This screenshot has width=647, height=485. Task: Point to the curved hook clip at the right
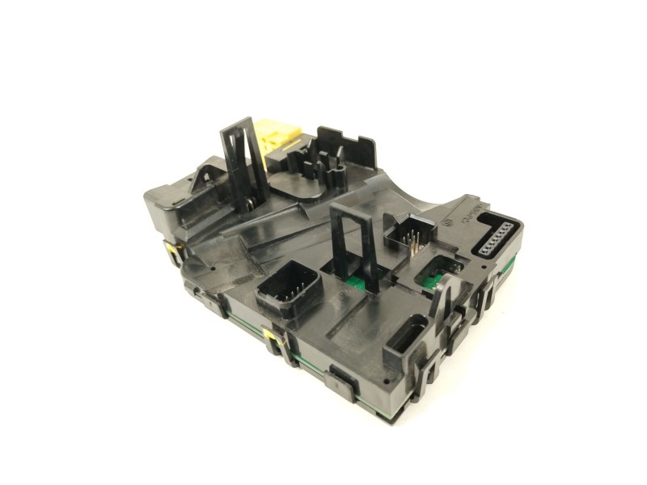tap(444, 300)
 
